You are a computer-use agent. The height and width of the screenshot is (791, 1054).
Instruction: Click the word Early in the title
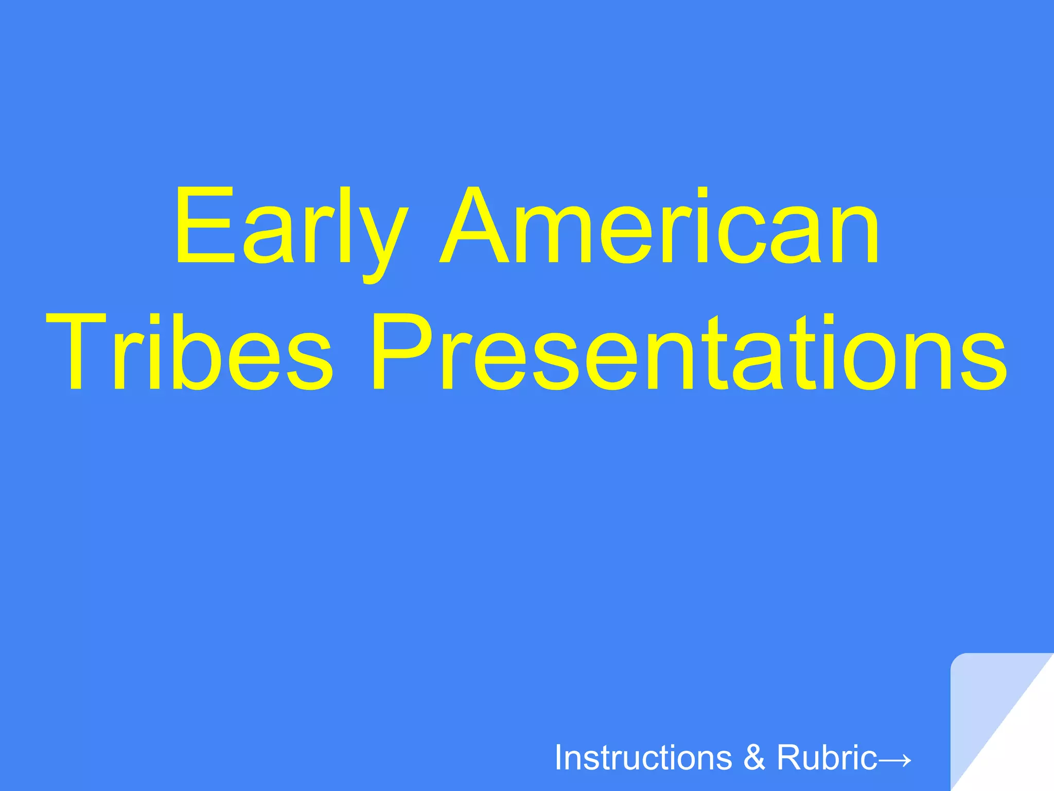291,227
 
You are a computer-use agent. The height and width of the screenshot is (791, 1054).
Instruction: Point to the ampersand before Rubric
754,758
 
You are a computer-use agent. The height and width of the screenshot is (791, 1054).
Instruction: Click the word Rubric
827,758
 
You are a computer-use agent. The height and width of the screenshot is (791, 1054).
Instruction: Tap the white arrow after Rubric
895,759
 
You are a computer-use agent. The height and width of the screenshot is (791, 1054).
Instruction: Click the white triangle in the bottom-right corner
1024,752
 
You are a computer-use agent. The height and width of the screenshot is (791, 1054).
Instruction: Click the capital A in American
480,227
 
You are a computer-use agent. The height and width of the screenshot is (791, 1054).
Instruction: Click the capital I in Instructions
559,758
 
